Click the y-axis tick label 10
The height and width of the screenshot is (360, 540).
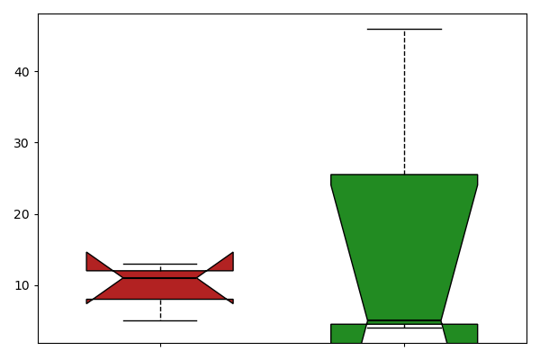22,285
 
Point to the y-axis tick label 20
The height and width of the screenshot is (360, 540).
22,214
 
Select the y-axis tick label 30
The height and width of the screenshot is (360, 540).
22,143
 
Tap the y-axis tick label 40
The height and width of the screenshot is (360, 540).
22,72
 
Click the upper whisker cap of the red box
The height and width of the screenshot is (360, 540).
160,264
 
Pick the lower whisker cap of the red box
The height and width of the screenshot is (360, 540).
160,320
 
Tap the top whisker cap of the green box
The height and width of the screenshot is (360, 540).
404,29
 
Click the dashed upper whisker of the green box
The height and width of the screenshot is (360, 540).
404,99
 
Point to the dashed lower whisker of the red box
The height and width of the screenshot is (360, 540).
160,310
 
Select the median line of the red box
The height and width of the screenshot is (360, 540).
160,278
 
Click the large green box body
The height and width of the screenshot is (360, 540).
404,234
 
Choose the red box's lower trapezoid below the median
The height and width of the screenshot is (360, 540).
160,289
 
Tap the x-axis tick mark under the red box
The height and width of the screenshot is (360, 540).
160,345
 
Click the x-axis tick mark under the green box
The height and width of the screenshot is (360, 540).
404,345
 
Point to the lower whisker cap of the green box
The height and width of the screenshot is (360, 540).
404,328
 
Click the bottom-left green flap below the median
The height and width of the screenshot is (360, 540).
346,333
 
